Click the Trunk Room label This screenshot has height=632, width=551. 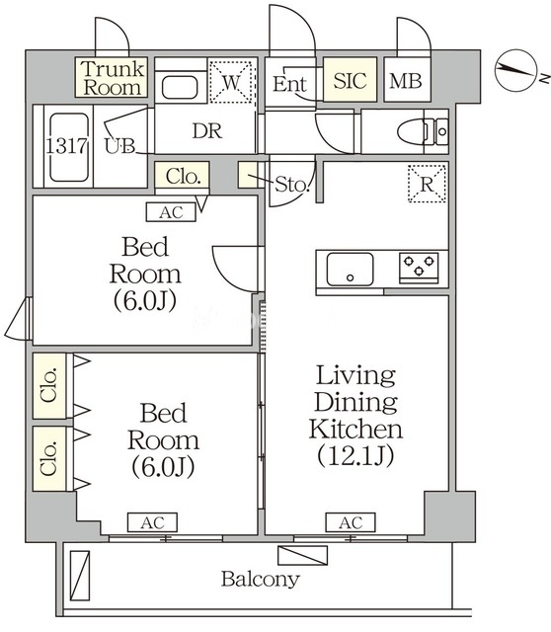112,78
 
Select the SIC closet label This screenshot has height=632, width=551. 350,80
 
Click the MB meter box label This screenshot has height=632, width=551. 406,81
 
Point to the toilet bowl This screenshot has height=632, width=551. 413,131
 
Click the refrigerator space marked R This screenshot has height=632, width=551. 427,184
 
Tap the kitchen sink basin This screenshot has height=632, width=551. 350,269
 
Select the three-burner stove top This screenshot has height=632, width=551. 419,268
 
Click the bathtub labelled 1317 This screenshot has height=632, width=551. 68,147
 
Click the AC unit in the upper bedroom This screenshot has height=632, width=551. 171,212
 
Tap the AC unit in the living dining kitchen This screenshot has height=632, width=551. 351,522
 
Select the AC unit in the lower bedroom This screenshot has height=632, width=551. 152,522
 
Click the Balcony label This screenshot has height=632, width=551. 261,580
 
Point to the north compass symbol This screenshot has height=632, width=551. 516,70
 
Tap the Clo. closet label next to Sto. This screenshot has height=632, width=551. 183,177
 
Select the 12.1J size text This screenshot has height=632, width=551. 355,456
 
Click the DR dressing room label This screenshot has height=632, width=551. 207,131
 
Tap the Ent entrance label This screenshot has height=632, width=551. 289,84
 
